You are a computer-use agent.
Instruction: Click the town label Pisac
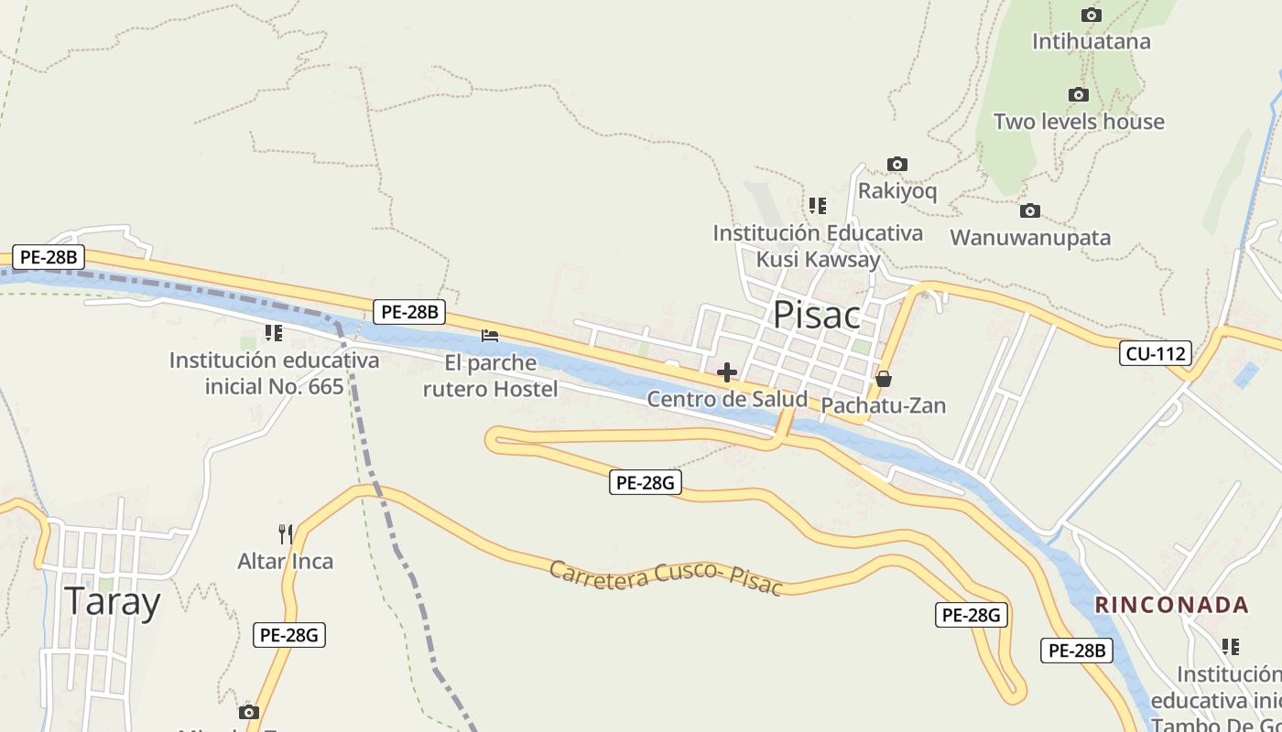point(817,315)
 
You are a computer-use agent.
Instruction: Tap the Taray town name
point(112,602)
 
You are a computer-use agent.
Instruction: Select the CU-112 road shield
point(1155,353)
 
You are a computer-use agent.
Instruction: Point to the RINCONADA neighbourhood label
point(1172,605)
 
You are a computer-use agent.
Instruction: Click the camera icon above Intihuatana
point(1091,16)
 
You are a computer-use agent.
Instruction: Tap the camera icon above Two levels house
point(1079,95)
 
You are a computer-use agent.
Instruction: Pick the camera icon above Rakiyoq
point(897,165)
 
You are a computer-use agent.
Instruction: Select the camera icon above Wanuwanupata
point(1030,211)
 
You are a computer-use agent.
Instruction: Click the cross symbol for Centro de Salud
point(727,372)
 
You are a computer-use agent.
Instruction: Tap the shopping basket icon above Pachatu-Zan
point(883,379)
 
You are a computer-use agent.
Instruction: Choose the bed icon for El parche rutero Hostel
point(490,336)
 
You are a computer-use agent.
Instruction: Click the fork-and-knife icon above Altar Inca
point(286,533)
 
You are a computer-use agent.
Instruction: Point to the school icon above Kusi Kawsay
point(818,206)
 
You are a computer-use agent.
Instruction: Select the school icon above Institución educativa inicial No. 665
point(273,332)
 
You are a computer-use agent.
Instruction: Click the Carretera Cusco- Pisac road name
point(666,578)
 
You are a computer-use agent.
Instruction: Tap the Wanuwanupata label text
point(1030,238)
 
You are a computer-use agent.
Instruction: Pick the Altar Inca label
point(286,561)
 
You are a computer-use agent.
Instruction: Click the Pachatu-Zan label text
point(883,405)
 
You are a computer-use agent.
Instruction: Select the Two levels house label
point(1079,122)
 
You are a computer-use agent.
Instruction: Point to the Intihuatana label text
point(1091,42)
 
